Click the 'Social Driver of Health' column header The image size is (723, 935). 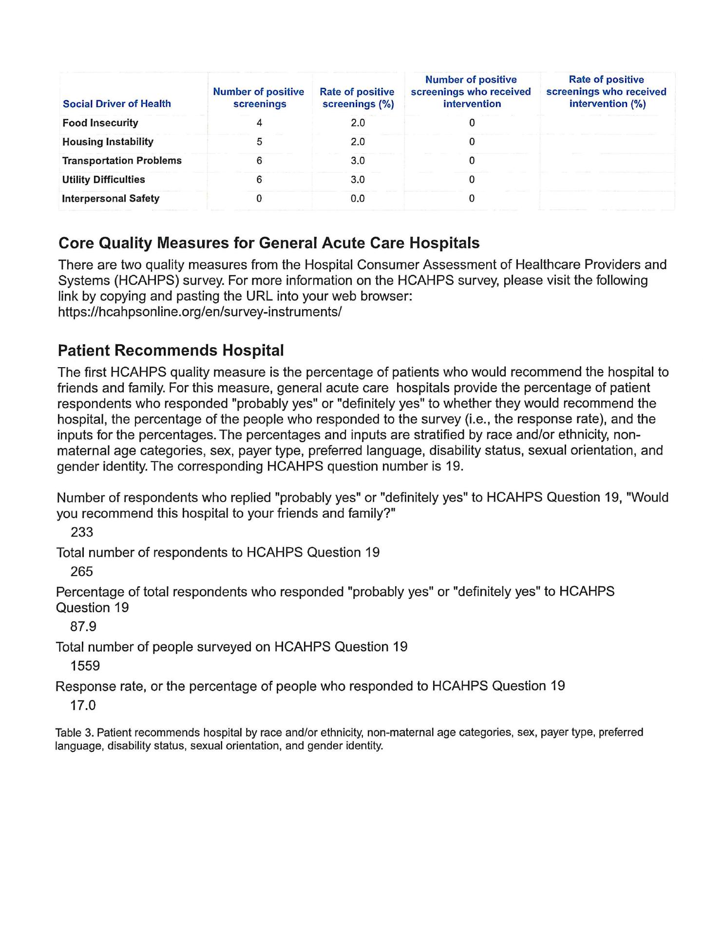click(x=117, y=104)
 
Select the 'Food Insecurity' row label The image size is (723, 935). click(x=100, y=123)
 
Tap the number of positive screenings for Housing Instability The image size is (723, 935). click(x=259, y=142)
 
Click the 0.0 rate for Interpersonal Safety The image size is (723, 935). click(x=358, y=199)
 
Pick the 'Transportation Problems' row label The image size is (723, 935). click(x=122, y=161)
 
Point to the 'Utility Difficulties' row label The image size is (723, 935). click(x=104, y=180)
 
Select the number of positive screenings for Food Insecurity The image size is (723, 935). click(x=259, y=123)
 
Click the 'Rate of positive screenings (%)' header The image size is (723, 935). click(x=357, y=98)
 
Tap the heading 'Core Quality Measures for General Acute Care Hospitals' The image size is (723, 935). click(x=269, y=243)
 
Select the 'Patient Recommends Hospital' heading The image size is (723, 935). click(x=171, y=351)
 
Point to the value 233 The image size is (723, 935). click(x=82, y=532)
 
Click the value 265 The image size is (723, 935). click(x=82, y=572)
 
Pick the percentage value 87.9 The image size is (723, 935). click(x=83, y=627)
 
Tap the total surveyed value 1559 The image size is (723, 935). click(x=85, y=666)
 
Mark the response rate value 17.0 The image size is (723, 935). click(x=83, y=706)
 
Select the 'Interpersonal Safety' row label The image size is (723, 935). click(x=111, y=199)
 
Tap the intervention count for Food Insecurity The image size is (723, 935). click(x=472, y=123)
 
